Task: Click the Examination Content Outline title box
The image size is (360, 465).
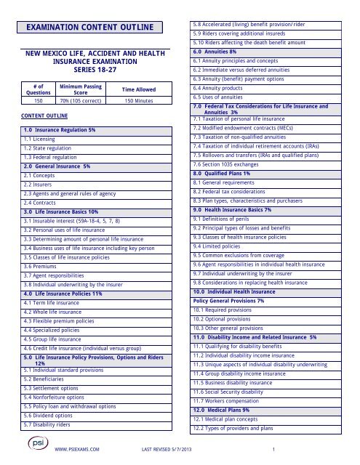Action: (x=92, y=28)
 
